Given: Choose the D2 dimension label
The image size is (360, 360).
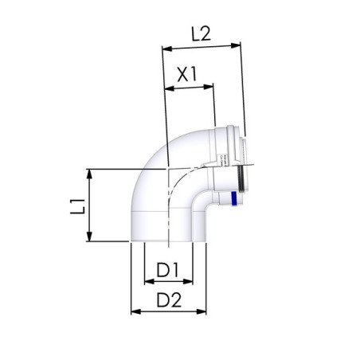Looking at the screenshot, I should [168, 300].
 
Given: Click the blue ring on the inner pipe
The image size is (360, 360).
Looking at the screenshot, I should [233, 200].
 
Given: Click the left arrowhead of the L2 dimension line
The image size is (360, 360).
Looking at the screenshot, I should [166, 48].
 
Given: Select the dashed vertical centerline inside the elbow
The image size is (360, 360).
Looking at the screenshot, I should [168, 215].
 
